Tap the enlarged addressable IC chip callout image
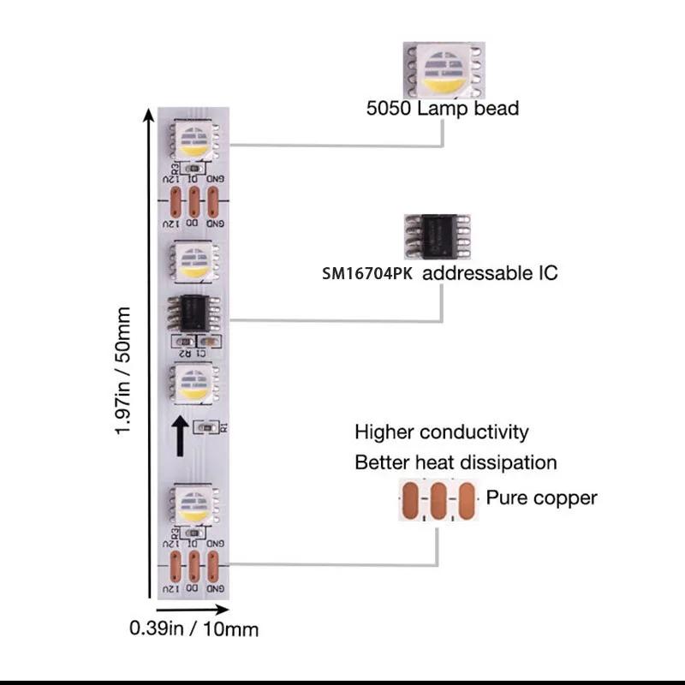[x=439, y=239]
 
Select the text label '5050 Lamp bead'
[x=442, y=109]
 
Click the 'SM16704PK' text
[x=368, y=274]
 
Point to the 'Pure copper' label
[x=542, y=497]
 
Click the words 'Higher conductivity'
[x=442, y=432]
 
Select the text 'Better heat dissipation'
[x=456, y=463]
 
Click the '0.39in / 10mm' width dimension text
[x=194, y=628]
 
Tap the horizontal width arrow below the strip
[x=193, y=610]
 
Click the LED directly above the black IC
[x=195, y=261]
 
